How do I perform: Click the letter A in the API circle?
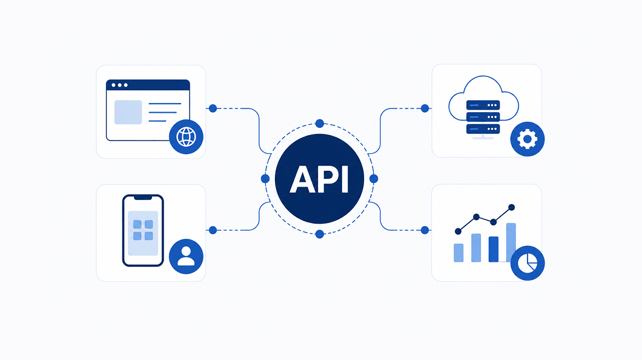[302, 179]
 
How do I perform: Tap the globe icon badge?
[186, 137]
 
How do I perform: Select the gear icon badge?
[528, 139]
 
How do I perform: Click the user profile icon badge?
[186, 256]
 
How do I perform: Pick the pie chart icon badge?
[528, 264]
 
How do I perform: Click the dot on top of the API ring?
[320, 123]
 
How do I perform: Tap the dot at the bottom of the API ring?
[320, 235]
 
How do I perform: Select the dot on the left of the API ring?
[265, 179]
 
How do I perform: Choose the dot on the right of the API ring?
[374, 179]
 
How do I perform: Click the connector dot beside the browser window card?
[213, 108]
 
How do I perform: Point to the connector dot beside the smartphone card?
[213, 230]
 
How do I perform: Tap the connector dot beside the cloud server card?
[425, 108]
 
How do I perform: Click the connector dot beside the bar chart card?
[425, 230]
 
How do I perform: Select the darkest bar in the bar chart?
[494, 249]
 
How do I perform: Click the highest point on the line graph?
[511, 207]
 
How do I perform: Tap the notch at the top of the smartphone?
[143, 198]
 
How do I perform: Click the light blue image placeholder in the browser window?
[128, 112]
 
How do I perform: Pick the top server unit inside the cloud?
[483, 105]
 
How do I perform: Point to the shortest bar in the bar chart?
[458, 253]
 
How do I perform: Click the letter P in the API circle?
[329, 179]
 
